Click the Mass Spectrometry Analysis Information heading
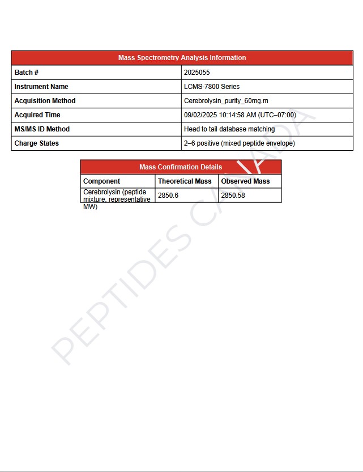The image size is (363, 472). pyautogui.click(x=182, y=58)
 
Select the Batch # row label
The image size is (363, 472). pyautogui.click(x=27, y=73)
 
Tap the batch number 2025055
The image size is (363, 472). pyautogui.click(x=197, y=73)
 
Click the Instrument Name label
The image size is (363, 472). pyautogui.click(x=41, y=87)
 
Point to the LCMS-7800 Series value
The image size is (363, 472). pyautogui.click(x=212, y=87)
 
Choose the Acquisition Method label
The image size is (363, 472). pyautogui.click(x=45, y=101)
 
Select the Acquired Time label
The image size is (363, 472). pyautogui.click(x=37, y=115)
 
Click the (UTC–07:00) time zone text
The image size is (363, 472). pyautogui.click(x=277, y=115)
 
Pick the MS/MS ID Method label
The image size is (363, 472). pyautogui.click(x=42, y=129)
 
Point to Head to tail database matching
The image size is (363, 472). pyautogui.click(x=229, y=129)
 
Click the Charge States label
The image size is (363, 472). pyautogui.click(x=36, y=143)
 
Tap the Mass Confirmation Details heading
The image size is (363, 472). pyautogui.click(x=181, y=167)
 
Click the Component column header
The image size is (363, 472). pyautogui.click(x=102, y=181)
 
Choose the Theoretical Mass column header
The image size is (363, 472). pyautogui.click(x=185, y=181)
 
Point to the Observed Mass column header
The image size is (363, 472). pyautogui.click(x=245, y=181)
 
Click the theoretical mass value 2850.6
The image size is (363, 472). pyautogui.click(x=168, y=195)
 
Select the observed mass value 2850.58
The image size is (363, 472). pyautogui.click(x=233, y=195)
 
